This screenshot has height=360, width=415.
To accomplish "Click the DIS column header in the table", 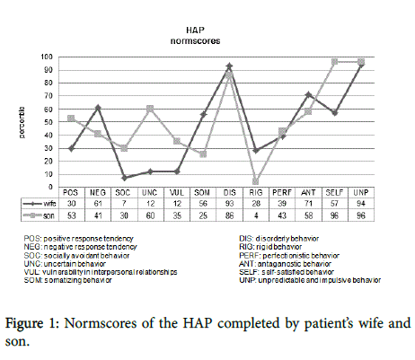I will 229,192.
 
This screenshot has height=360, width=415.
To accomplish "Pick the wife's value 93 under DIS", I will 229,204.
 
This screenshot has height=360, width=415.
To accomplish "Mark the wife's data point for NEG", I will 96,107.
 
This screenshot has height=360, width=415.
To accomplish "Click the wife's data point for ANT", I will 309,94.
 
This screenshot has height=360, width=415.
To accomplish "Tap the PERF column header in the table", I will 282,192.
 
